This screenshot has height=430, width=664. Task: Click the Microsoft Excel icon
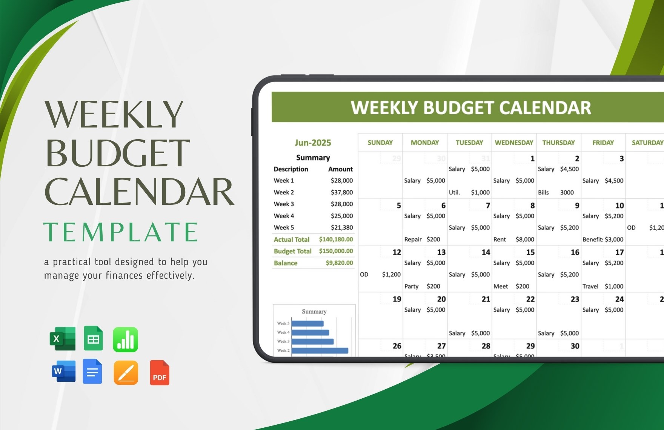pos(63,338)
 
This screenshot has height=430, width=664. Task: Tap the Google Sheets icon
pos(93,338)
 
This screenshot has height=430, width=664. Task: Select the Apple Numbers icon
pos(125,339)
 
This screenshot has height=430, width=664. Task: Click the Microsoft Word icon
pos(63,371)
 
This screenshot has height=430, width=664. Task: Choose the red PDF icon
pos(160,373)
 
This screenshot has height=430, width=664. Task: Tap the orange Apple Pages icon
pos(126,373)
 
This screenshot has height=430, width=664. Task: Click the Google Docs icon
pos(92,372)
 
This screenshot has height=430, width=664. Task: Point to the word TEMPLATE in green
pos(121,232)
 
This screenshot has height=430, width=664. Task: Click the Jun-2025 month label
pos(313,143)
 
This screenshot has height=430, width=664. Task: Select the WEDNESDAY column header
pos(514,143)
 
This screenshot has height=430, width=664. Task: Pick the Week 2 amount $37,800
pos(341,192)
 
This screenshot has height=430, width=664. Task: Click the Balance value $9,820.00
pos(339,263)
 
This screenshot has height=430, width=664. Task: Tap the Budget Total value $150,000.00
pos(336,251)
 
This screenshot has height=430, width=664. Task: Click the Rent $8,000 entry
pos(513,240)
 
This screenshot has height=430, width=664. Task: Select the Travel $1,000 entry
pos(603,286)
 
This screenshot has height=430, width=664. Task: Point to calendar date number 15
pos(530,252)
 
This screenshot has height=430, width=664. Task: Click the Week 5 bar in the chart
pos(307,323)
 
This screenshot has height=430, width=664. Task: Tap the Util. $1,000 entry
pos(469,192)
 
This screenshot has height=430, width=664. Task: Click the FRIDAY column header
pos(603,143)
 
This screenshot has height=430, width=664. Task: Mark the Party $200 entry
pos(422,286)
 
